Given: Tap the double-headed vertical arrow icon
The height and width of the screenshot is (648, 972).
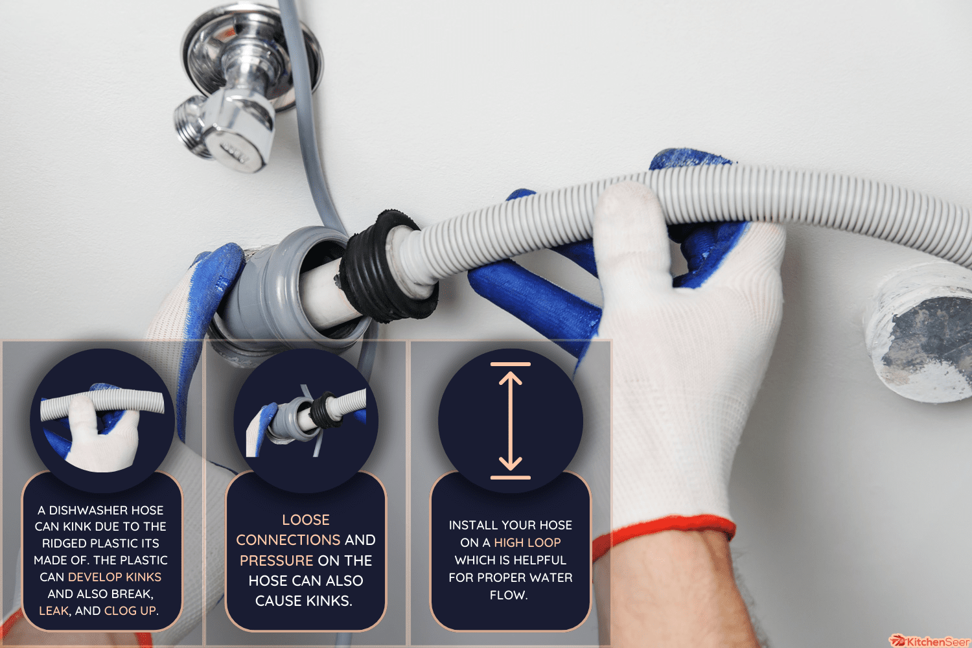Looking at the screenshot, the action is (x=511, y=421).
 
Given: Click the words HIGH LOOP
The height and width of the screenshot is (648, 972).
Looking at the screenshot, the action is (x=527, y=542).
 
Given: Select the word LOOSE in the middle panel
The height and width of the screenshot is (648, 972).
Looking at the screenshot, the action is (x=306, y=520).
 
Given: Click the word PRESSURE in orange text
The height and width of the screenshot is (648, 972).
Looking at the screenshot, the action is (x=277, y=561).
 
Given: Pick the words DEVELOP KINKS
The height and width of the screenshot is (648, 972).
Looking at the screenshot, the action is (x=115, y=577).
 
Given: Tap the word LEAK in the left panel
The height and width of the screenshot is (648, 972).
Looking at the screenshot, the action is (x=54, y=610).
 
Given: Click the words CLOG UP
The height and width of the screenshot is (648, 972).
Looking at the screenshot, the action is (x=130, y=610).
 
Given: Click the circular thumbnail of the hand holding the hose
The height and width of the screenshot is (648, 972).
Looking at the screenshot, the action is (x=102, y=421).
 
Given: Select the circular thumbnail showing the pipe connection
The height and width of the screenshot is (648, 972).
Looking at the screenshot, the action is (x=306, y=421).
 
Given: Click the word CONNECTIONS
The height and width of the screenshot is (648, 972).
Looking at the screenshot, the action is (x=288, y=540).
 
